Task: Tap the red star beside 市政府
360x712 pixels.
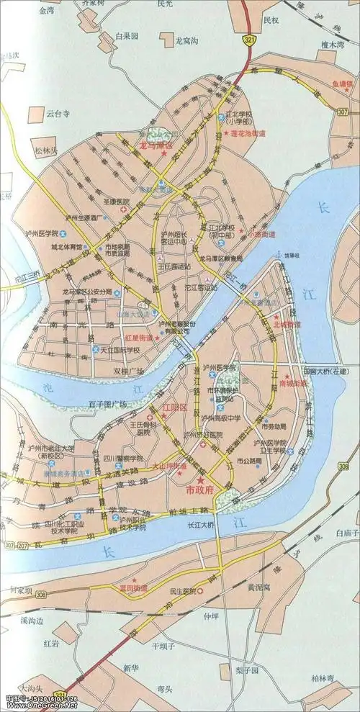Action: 202,479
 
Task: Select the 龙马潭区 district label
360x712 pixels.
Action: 155,146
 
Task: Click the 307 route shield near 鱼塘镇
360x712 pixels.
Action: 342,112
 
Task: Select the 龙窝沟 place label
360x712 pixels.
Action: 190,41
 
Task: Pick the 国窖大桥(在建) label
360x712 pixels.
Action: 325,371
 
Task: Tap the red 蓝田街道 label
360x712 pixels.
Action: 134,588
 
